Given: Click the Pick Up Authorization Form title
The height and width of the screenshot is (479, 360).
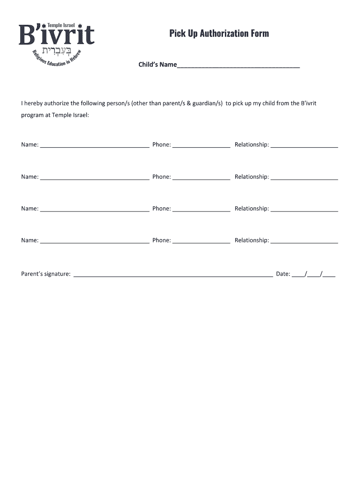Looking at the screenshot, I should (x=219, y=33).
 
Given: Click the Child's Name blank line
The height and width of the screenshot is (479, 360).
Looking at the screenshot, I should (x=238, y=66).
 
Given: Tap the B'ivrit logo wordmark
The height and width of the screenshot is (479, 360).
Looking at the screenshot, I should (x=57, y=35).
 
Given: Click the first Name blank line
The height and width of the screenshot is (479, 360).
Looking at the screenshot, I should (x=94, y=146).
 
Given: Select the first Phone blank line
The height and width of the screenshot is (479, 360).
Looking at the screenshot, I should (x=201, y=146).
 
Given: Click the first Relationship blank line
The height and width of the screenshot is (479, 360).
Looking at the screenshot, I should (x=304, y=146).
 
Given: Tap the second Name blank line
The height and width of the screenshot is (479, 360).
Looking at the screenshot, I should (x=94, y=178).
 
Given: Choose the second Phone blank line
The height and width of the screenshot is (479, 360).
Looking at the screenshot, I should (x=201, y=178).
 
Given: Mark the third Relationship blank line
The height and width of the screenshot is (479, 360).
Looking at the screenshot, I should (x=304, y=210).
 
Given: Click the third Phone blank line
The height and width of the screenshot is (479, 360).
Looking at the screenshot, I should (x=201, y=210).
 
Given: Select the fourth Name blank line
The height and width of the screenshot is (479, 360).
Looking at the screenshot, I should (x=94, y=242).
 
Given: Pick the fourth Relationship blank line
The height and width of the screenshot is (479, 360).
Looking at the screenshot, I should (x=304, y=242).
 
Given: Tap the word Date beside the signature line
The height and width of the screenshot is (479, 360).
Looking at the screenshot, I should (x=282, y=274).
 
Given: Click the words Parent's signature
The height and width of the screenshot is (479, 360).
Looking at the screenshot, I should (x=46, y=274).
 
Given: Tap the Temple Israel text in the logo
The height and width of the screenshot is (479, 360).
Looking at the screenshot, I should (x=61, y=25).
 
